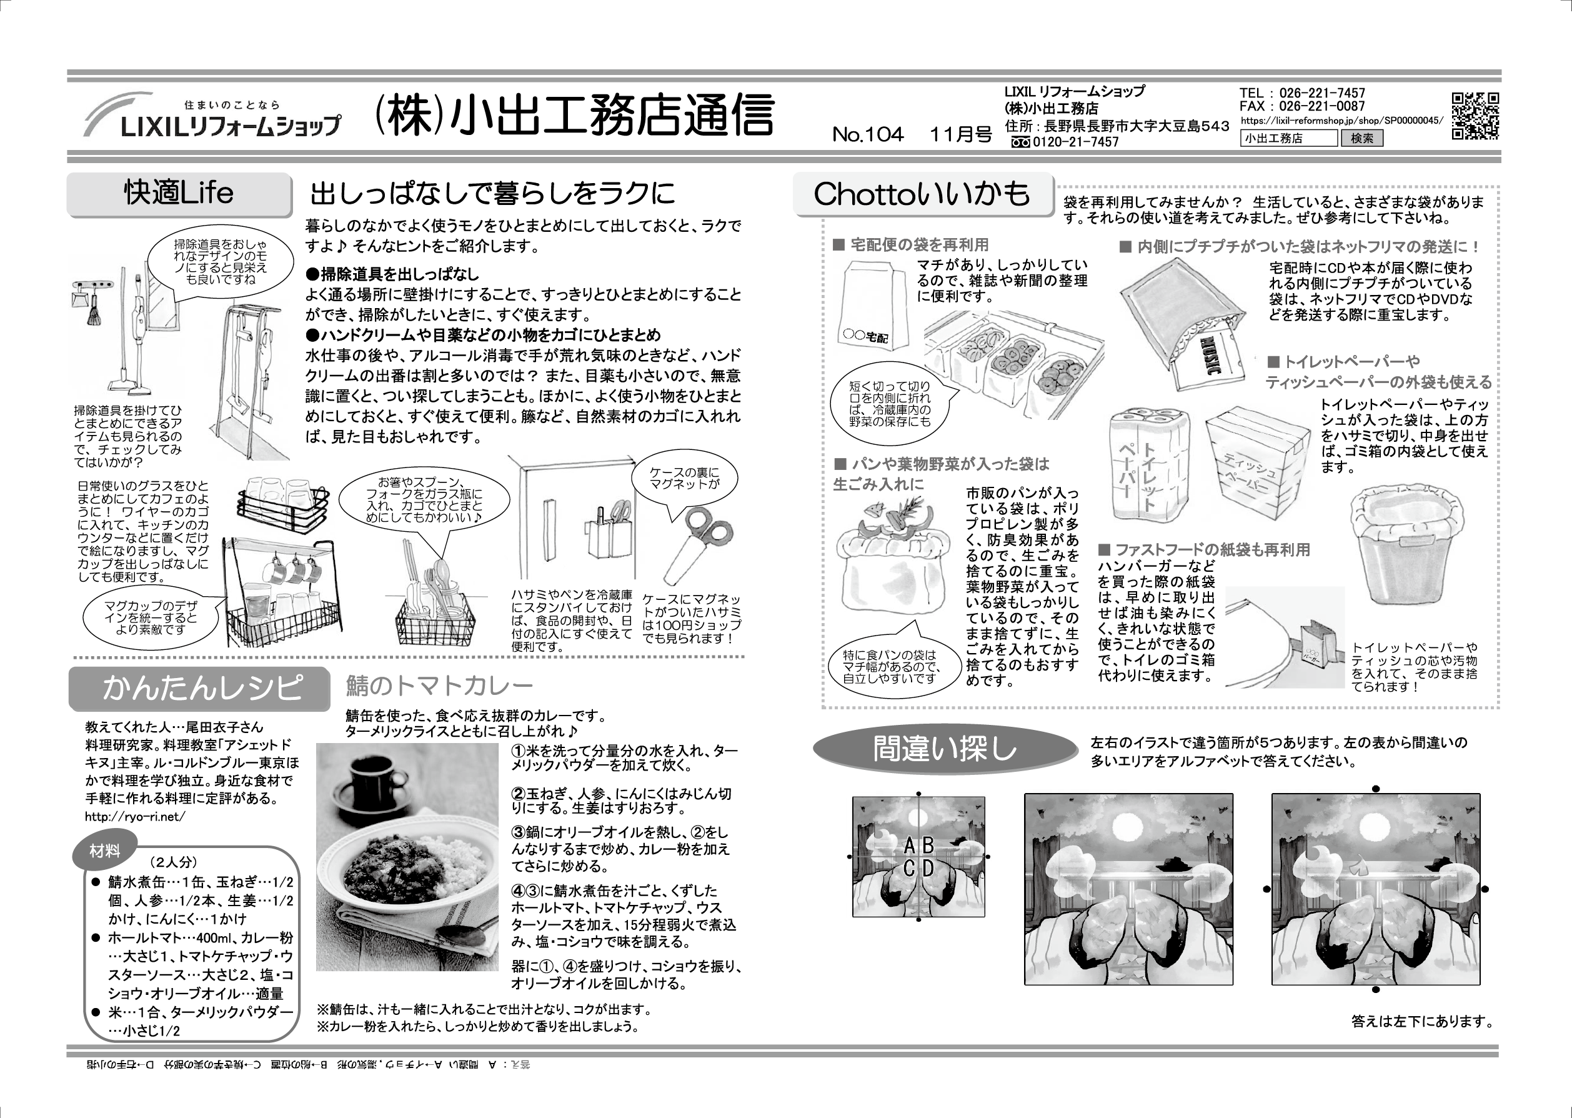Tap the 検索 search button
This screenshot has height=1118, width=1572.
coord(1361,138)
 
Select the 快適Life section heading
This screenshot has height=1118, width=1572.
coord(179,194)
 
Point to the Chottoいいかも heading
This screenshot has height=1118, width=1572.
coord(922,195)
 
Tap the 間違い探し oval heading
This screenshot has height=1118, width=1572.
coord(944,749)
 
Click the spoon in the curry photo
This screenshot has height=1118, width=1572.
coord(461,936)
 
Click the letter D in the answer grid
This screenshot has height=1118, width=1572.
coord(928,869)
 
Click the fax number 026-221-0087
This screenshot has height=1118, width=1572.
coord(1321,107)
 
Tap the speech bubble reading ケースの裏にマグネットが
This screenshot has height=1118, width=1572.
coord(684,479)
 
